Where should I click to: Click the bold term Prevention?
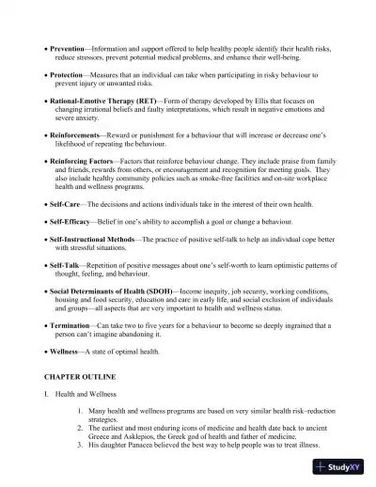click(x=69, y=47)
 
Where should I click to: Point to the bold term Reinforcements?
click(x=76, y=136)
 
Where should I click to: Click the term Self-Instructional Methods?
click(x=99, y=240)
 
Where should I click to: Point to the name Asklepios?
click(x=138, y=435)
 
